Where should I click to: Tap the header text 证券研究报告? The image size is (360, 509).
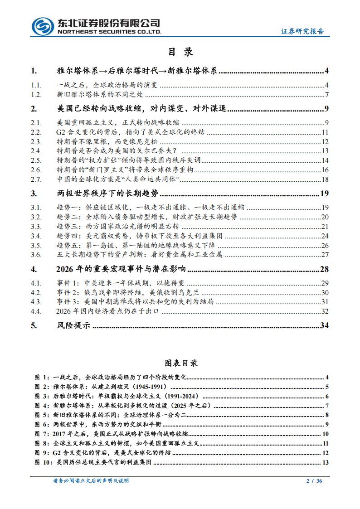click(x=302, y=31)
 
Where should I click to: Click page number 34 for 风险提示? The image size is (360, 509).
click(x=324, y=325)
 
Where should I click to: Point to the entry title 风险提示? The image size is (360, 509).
click(x=73, y=325)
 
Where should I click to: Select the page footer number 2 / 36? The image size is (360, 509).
click(x=314, y=481)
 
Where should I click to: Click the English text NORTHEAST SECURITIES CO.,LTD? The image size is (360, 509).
click(x=107, y=32)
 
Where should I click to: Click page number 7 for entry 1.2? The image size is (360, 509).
click(x=326, y=95)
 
